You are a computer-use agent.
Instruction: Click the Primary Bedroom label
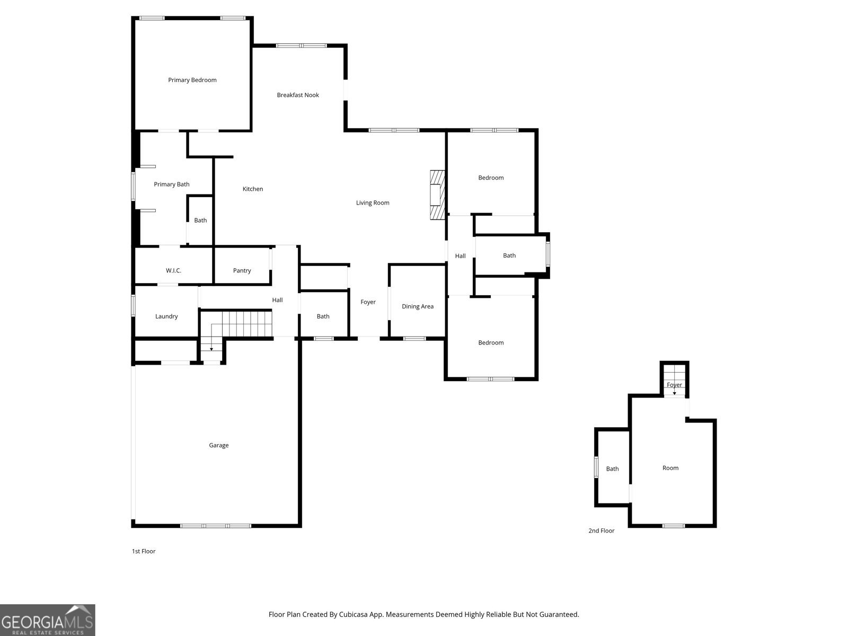pyautogui.click(x=192, y=80)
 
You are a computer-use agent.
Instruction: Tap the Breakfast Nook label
pyautogui.click(x=298, y=95)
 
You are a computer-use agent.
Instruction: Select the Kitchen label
pyautogui.click(x=253, y=189)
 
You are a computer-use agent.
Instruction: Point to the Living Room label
pyautogui.click(x=373, y=203)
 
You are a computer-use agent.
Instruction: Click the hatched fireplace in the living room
pyautogui.click(x=437, y=195)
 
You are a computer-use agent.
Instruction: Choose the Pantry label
pyautogui.click(x=242, y=271)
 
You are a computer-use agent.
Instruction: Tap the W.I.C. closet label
pyautogui.click(x=173, y=271)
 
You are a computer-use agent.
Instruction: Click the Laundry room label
pyautogui.click(x=166, y=316)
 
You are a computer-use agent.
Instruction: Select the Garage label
pyautogui.click(x=219, y=445)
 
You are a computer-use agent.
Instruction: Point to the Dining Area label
pyautogui.click(x=418, y=306)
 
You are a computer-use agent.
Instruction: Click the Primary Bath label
pyautogui.click(x=172, y=184)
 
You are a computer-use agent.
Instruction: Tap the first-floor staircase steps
pyautogui.click(x=242, y=324)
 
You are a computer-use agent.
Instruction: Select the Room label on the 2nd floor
pyautogui.click(x=670, y=468)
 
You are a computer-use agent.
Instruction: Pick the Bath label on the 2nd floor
pyautogui.click(x=612, y=469)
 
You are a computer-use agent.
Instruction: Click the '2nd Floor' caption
pyautogui.click(x=601, y=531)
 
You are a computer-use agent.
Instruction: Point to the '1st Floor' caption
pyautogui.click(x=144, y=551)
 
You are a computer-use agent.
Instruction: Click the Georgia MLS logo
pyautogui.click(x=48, y=620)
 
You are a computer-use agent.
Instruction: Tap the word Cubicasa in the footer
pyautogui.click(x=354, y=614)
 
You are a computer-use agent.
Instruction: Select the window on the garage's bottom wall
pyautogui.click(x=216, y=526)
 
